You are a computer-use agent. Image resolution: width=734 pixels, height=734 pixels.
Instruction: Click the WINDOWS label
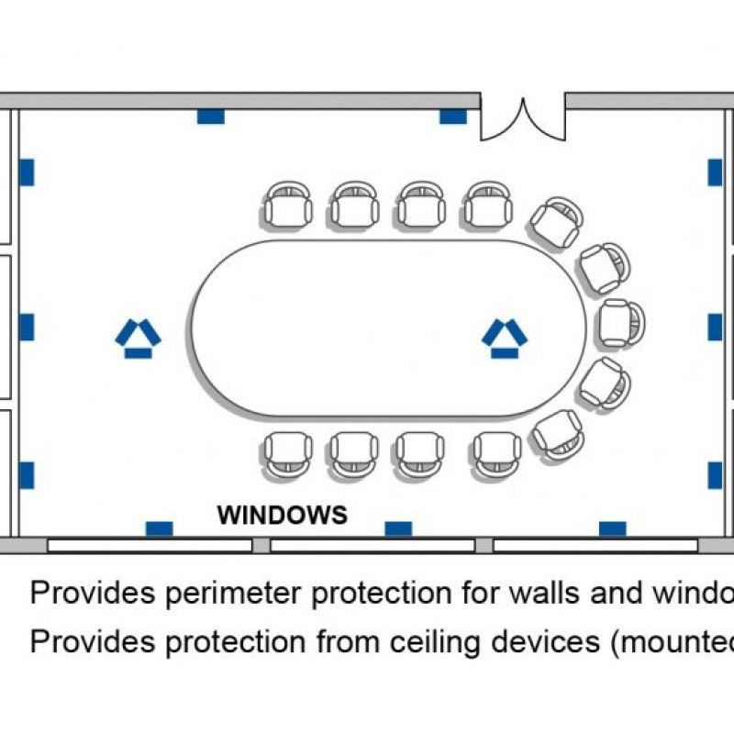pos(282,515)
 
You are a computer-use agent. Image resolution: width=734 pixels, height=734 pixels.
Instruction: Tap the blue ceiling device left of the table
pos(138,338)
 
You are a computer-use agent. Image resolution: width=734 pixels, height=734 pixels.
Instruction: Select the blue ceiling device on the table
pos(504,338)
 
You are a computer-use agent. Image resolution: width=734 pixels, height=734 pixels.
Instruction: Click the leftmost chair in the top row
pos(288,205)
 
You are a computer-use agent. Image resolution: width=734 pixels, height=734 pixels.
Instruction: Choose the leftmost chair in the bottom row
pos(288,455)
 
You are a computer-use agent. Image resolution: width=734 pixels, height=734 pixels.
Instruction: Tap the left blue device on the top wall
pos(211,117)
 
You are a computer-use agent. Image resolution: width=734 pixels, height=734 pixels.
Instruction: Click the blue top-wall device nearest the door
pos(453,117)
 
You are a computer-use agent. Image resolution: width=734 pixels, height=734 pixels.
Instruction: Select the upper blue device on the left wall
pos(27,172)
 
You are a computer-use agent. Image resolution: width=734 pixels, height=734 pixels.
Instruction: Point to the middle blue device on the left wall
pos(27,327)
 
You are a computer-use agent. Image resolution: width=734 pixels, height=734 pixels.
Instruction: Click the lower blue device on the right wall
pos(715,474)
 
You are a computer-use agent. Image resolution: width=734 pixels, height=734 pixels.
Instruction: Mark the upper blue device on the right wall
pos(715,172)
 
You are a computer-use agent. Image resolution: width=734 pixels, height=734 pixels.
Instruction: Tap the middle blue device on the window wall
pos(398,528)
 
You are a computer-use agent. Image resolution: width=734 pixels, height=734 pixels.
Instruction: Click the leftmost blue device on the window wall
pos(159,528)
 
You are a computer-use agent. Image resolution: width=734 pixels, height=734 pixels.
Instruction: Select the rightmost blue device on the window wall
pos(612,528)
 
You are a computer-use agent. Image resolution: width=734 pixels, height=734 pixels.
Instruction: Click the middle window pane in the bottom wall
pos(373,545)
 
